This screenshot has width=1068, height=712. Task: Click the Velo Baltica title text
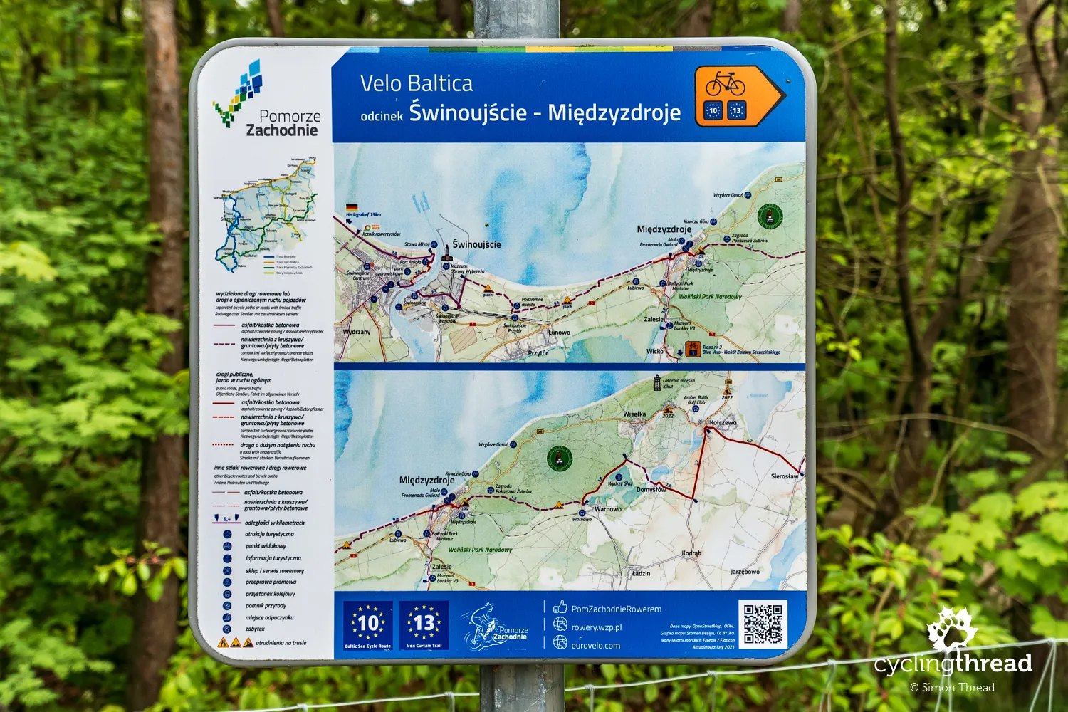click(417, 83)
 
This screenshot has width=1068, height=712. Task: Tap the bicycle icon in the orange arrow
click(725, 84)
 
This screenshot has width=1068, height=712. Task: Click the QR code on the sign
click(763, 624)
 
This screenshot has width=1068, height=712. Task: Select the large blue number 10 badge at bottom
click(367, 624)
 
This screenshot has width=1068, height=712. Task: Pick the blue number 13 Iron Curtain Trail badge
click(424, 624)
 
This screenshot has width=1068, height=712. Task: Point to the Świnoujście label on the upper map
click(476, 244)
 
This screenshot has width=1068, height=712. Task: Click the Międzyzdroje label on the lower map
click(426, 480)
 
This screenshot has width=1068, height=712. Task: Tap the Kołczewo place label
click(723, 422)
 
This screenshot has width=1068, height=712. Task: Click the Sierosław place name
click(785, 476)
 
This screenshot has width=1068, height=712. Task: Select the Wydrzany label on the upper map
click(356, 332)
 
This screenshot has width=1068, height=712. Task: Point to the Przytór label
click(538, 352)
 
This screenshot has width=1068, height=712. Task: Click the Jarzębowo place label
click(745, 571)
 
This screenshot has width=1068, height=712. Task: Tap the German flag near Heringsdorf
click(351, 207)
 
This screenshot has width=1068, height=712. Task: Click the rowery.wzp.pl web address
click(596, 627)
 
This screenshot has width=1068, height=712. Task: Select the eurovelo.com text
click(595, 646)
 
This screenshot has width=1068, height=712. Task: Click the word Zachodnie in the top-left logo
click(282, 130)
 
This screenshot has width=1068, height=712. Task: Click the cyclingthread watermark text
click(953, 664)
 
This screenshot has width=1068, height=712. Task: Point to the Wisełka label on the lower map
click(634, 414)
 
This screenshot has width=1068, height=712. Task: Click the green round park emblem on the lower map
click(560, 459)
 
